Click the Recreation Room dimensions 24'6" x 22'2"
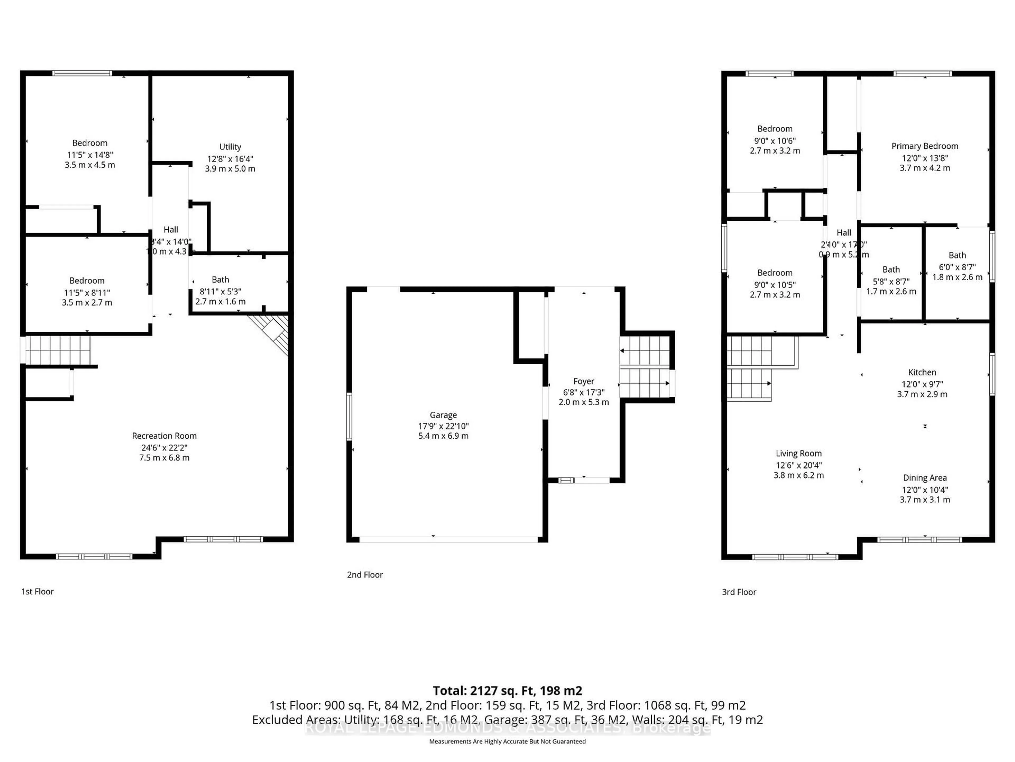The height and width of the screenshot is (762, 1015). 164,447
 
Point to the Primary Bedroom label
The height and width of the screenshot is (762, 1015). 925,146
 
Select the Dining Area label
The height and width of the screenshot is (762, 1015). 925,478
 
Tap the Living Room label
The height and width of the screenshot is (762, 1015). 799,453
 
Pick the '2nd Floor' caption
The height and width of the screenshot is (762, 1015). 365,575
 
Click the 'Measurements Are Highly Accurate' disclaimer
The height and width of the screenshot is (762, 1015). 507,741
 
